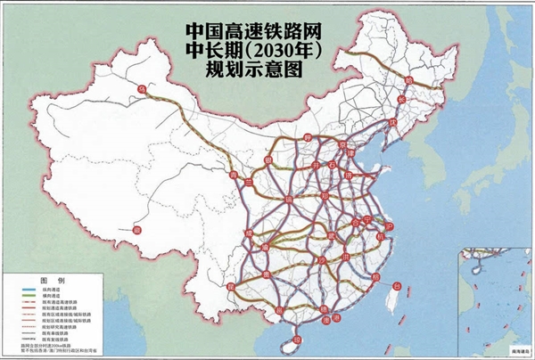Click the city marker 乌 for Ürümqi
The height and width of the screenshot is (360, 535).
pos(141,90)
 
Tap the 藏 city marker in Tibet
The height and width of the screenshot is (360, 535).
pos(136,230)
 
